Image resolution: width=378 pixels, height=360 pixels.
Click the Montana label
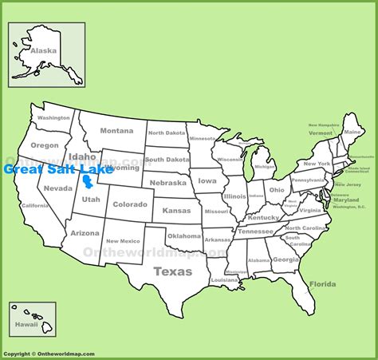point(116,131)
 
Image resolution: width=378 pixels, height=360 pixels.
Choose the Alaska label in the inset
point(44,49)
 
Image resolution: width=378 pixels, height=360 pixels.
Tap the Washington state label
point(53,118)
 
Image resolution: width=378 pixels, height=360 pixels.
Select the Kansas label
point(176,210)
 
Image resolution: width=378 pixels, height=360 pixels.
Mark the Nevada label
point(57,188)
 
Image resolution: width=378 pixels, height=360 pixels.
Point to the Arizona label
point(85,233)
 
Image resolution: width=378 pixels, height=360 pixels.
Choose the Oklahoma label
point(185,236)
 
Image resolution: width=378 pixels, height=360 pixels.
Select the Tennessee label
point(255,231)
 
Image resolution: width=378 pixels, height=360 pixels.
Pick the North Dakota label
point(165,133)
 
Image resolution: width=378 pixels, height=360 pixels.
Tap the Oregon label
point(45,145)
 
